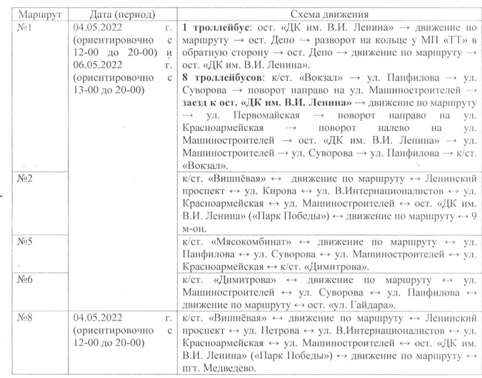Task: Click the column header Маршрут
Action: click(x=34, y=15)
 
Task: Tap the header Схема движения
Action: click(x=329, y=15)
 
